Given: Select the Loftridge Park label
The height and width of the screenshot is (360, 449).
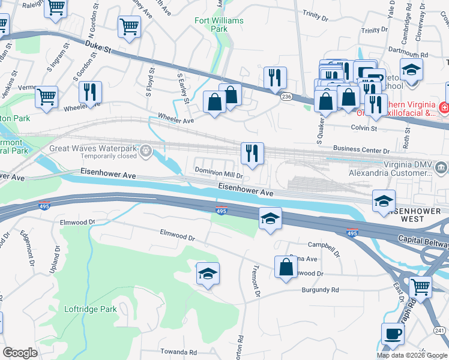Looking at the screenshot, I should pos(91,310).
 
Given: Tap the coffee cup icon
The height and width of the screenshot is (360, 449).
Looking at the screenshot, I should pos(393,334).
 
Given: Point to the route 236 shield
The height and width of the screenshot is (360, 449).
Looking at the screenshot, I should pos(286,97).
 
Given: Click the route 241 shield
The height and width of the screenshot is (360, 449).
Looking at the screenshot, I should pos(439,329).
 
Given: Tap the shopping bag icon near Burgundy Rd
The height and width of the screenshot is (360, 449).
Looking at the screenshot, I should pos(286,267).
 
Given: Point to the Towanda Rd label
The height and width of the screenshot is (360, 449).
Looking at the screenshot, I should pos(178,352).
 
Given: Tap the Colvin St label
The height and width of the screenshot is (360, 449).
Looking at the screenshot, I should pos(364,128).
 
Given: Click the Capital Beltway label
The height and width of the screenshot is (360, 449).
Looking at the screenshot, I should pos(423,239).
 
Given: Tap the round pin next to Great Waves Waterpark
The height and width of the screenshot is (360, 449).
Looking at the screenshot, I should pos(145,152).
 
